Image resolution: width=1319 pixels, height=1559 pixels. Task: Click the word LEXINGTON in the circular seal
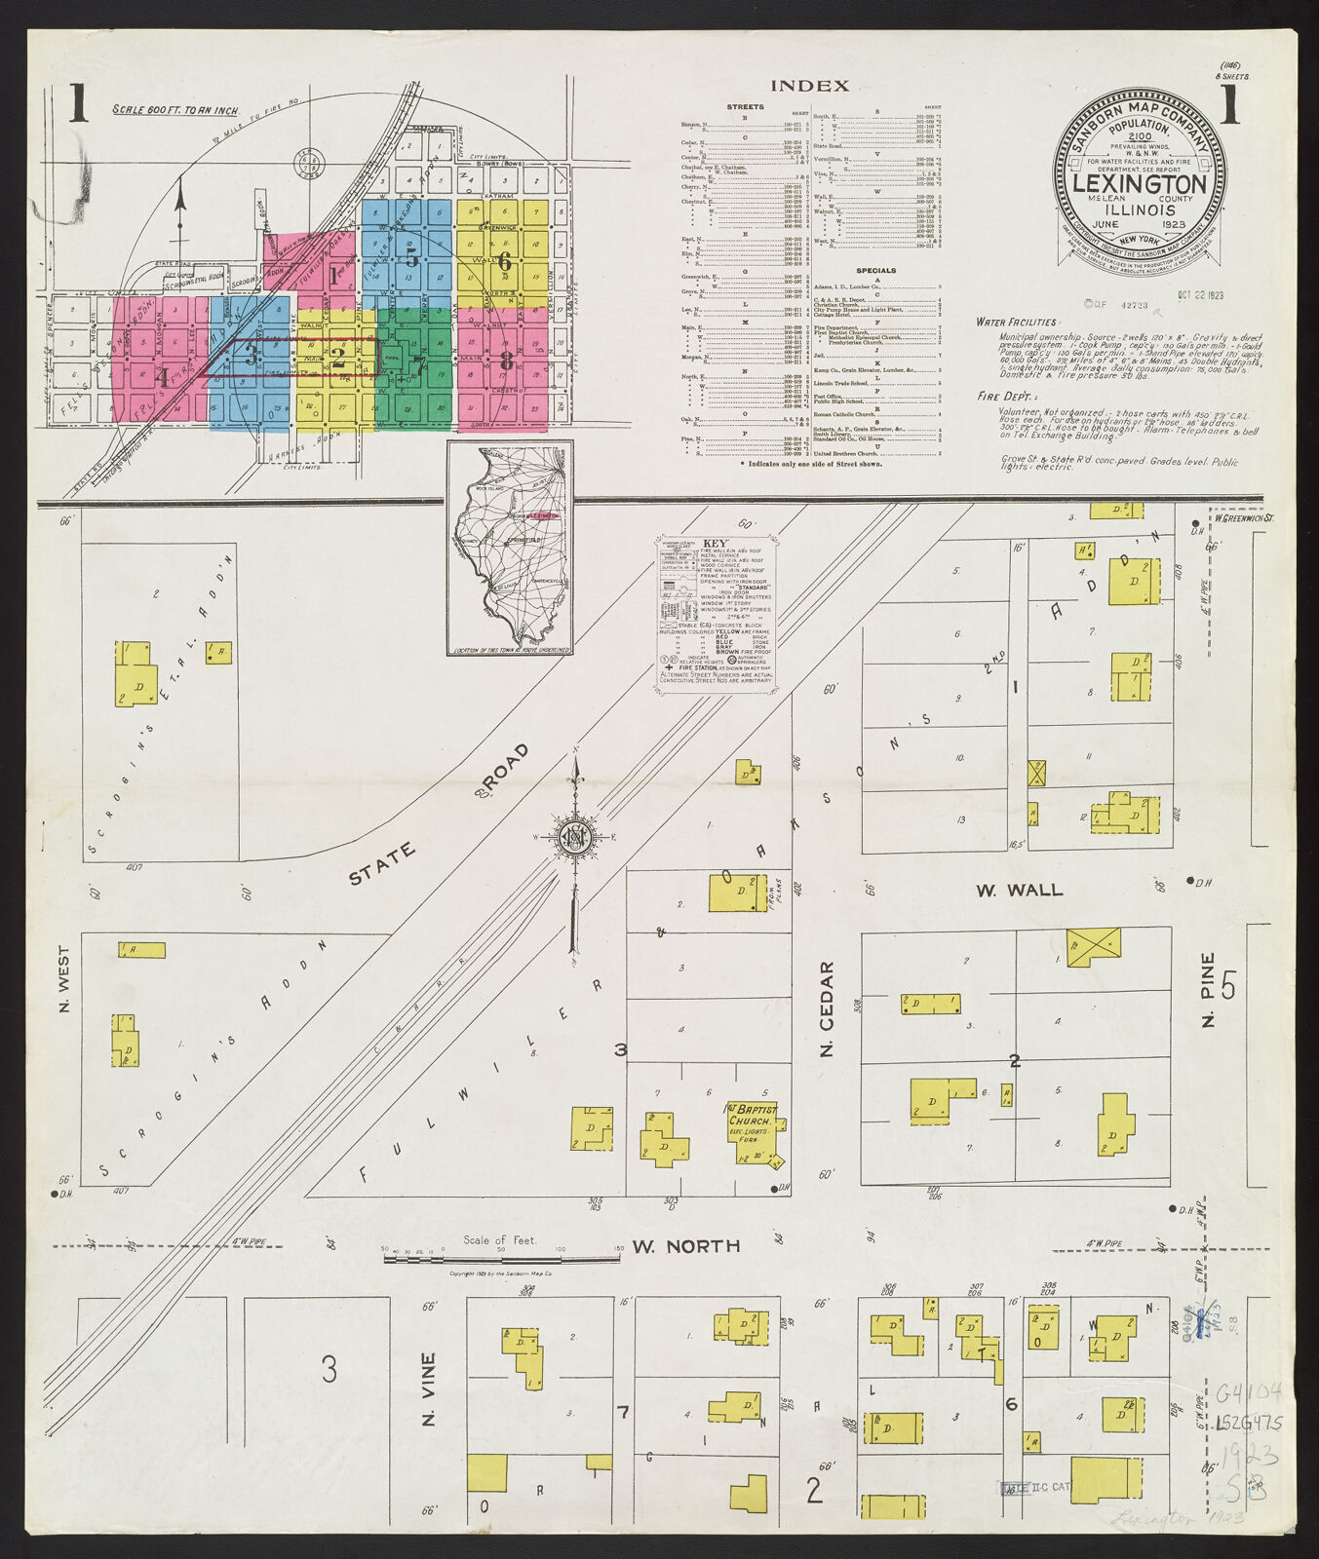click(1139, 184)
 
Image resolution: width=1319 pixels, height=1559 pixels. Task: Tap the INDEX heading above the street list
click(809, 86)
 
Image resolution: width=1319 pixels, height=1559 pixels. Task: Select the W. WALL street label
click(1020, 890)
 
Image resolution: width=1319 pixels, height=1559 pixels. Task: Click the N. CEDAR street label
click(827, 1008)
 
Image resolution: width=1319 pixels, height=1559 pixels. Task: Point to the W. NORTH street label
click(685, 1245)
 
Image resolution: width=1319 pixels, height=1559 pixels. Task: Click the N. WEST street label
click(64, 978)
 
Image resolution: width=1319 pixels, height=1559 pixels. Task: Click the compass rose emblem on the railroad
click(573, 836)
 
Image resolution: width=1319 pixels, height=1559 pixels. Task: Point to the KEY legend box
click(718, 614)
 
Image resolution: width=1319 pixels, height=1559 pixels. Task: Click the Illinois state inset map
click(510, 548)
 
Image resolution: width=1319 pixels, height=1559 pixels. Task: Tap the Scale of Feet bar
click(501, 1258)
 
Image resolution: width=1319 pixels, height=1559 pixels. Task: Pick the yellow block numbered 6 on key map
click(504, 260)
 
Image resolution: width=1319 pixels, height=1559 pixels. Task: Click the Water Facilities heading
click(1017, 322)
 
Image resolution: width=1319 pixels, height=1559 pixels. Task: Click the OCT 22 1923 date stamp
click(1200, 295)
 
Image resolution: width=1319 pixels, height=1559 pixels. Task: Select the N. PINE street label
click(1209, 989)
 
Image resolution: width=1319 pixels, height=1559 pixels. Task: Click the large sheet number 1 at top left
click(78, 104)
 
